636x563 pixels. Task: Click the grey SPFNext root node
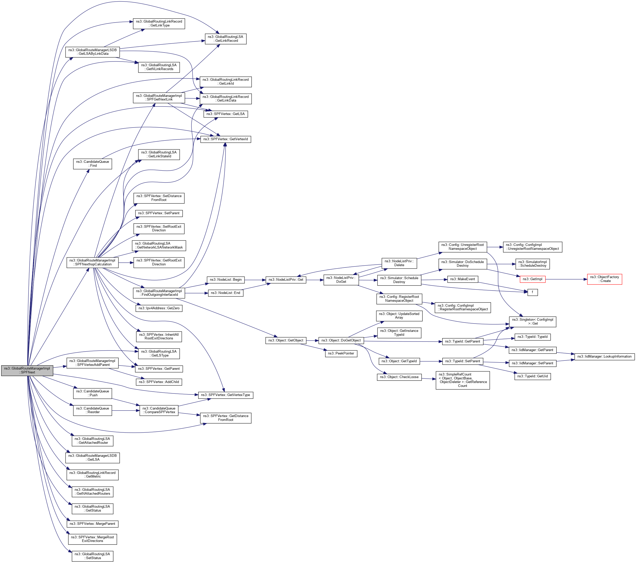27,370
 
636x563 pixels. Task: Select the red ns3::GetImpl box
532,279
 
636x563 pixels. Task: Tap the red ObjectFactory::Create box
604,279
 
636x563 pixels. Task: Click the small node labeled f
532,292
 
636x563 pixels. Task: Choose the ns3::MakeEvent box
462,279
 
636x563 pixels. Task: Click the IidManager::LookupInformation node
604,356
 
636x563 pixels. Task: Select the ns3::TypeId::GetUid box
532,376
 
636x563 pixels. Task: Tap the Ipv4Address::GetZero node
159,308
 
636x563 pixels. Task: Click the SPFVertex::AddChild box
159,382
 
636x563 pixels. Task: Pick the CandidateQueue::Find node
92,164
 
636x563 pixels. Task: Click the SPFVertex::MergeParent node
92,524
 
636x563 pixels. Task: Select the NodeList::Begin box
226,280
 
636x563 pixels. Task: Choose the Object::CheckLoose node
399,377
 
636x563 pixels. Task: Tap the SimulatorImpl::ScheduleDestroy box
532,264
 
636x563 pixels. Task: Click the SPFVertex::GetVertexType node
226,395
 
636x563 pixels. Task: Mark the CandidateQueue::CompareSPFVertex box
159,410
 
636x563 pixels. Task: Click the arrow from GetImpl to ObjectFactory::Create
566,279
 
